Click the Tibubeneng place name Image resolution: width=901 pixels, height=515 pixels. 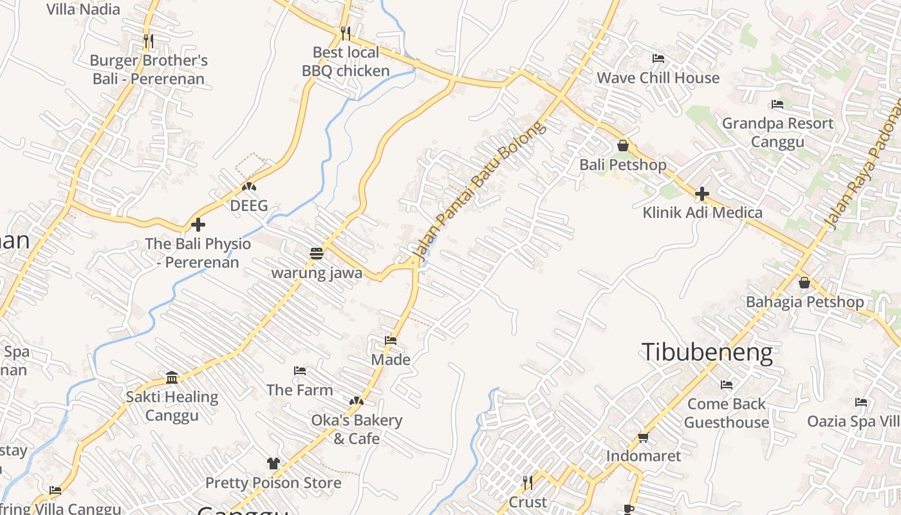(707, 353)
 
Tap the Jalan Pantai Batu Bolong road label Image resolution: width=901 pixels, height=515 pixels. (480, 190)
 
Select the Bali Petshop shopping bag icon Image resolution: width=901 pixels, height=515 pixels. (622, 145)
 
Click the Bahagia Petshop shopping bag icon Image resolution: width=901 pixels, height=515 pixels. (804, 283)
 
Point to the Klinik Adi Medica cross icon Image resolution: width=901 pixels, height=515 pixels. (701, 193)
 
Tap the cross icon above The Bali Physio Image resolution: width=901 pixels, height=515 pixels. (198, 225)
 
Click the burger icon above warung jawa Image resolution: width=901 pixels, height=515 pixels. (316, 254)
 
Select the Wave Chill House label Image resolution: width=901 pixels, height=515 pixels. (658, 78)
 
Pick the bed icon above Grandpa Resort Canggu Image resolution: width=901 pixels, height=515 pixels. (777, 104)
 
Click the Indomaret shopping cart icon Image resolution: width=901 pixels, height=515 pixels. (642, 438)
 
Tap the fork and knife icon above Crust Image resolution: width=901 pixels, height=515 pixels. (527, 483)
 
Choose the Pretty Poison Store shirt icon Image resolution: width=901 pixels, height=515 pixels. (273, 464)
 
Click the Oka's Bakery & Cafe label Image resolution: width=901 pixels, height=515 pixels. (357, 429)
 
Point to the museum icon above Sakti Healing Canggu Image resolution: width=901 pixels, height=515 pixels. (172, 377)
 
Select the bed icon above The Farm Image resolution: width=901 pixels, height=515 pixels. (299, 371)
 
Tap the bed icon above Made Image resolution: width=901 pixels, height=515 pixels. (391, 341)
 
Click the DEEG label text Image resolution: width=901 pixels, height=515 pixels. (248, 207)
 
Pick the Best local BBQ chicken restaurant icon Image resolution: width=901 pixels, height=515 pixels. (346, 33)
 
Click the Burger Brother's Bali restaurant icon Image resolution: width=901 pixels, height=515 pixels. (149, 42)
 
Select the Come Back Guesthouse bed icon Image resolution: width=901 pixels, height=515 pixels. (727, 385)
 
